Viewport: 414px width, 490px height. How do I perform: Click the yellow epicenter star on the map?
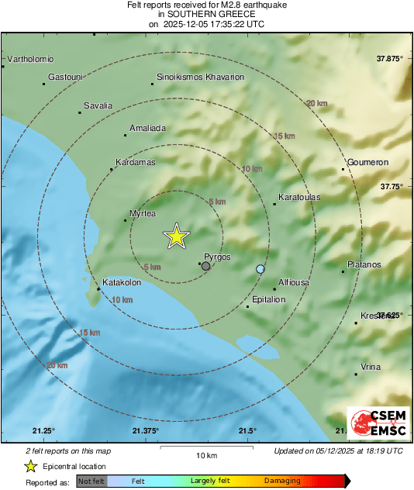pyautogui.click(x=177, y=236)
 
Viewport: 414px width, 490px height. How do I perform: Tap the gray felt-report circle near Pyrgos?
pyautogui.click(x=205, y=266)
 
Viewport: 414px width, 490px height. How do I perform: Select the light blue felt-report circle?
pyautogui.click(x=260, y=269)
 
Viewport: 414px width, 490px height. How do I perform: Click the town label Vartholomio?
pyautogui.click(x=29, y=59)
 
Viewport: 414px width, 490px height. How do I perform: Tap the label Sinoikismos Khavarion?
pyautogui.click(x=200, y=78)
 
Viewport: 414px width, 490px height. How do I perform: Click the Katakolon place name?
pyautogui.click(x=122, y=283)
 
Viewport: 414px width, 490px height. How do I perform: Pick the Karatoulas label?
pyautogui.click(x=298, y=197)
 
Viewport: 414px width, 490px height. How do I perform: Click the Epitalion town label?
pyautogui.click(x=269, y=300)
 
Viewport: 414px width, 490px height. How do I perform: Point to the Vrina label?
pyautogui.click(x=371, y=367)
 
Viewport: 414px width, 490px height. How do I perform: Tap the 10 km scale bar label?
pyautogui.click(x=205, y=454)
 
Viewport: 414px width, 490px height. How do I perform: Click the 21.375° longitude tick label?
pyautogui.click(x=146, y=431)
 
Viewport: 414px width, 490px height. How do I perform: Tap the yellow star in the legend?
pyautogui.click(x=30, y=467)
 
